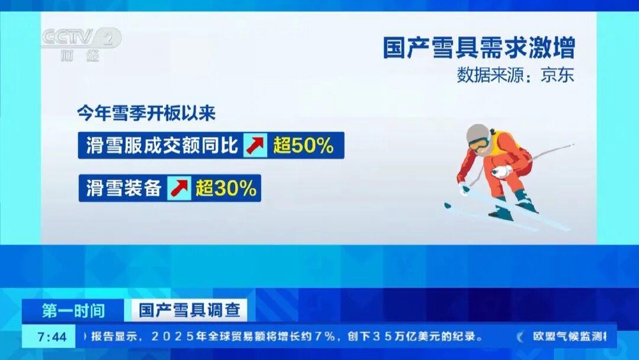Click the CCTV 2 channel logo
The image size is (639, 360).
82,44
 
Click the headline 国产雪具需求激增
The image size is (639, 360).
479,47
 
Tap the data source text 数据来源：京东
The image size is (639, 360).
516,75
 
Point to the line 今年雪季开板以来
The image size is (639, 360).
146,113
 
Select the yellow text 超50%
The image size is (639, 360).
304,145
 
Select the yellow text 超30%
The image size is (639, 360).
226,188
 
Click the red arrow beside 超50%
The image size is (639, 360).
256,145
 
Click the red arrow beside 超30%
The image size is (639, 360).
179,188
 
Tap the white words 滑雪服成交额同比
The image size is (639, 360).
162,145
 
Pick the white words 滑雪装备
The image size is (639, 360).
124,188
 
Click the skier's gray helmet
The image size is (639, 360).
477,134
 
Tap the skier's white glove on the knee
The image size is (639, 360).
502,171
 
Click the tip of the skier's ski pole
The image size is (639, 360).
573,145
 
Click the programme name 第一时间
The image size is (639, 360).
73,311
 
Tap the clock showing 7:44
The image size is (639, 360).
52,337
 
